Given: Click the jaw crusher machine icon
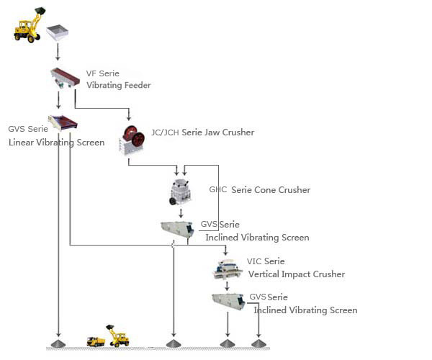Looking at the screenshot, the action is [132, 140].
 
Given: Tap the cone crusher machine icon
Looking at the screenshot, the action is [180, 192].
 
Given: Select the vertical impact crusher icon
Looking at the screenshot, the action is [227, 269].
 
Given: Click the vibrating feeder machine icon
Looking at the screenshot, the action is [65, 78].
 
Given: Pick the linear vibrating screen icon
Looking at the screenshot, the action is [63, 123].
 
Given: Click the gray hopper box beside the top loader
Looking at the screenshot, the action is [57, 33].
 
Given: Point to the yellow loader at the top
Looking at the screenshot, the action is [29, 25].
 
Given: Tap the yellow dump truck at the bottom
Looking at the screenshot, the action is [96, 341].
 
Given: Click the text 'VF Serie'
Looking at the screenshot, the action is [103, 73].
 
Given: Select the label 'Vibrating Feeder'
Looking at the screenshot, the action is [119, 85].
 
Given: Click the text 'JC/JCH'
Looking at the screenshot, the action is [165, 132].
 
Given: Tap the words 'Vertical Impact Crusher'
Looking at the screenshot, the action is [297, 274].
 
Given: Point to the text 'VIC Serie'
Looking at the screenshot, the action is [266, 261].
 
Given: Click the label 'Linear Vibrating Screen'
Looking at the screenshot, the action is [56, 143].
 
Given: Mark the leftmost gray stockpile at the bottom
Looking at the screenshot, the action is [58, 343].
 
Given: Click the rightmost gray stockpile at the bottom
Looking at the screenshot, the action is [258, 343].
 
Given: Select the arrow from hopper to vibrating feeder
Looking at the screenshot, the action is [58, 52].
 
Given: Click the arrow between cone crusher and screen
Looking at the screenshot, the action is [181, 213].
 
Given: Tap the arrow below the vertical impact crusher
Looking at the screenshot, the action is [227, 286].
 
